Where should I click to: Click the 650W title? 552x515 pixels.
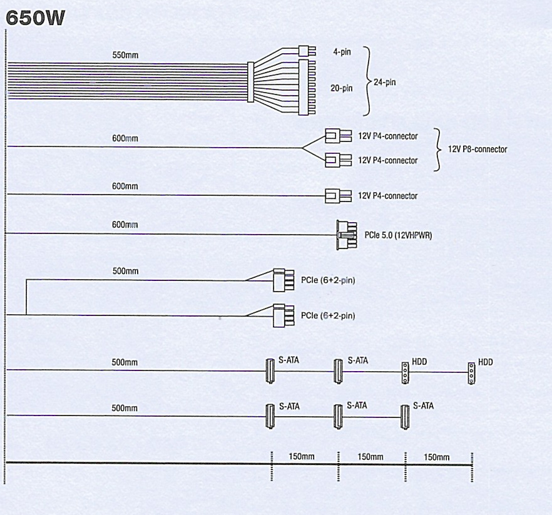coord(36,18)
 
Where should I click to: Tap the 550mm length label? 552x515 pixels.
coord(125,55)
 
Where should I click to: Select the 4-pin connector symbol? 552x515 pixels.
coord(307,51)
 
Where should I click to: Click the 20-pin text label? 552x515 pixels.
coord(341,88)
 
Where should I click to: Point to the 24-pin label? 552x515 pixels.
coord(385,83)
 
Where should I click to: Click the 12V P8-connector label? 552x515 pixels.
coord(478,150)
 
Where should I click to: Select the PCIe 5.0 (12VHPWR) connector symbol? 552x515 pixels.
coord(347,235)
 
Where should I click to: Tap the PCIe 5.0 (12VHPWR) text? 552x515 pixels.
coord(398,235)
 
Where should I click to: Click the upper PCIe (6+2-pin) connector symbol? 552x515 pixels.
coord(284,280)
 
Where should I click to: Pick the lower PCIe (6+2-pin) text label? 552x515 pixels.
coord(328,315)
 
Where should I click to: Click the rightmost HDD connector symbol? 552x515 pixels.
coord(471,374)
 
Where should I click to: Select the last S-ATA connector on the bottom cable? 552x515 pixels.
coord(405,417)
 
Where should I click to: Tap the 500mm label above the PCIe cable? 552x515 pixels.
coord(125,271)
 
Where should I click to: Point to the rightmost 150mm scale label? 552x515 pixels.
coord(437,457)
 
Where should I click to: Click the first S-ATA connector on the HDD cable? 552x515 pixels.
coord(270,371)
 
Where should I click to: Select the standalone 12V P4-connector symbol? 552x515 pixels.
coord(338,196)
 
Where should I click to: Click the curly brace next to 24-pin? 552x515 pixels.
coord(367,81)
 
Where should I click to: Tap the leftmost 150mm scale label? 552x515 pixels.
coord(302,457)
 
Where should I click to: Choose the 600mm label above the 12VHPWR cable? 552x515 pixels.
coord(125,225)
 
